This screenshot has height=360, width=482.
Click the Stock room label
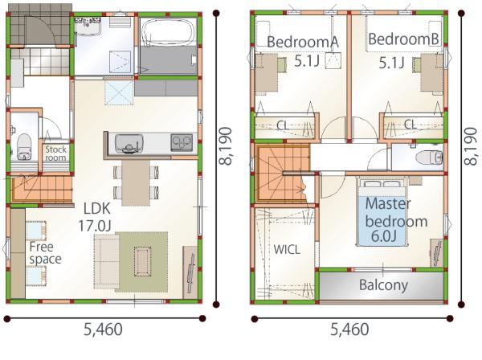[55, 153]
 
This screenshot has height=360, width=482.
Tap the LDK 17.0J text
[95, 217]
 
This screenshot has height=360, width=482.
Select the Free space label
[45, 253]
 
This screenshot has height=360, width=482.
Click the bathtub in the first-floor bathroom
[168, 32]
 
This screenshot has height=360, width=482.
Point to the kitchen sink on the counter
[129, 143]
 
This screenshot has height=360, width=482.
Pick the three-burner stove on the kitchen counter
[182, 143]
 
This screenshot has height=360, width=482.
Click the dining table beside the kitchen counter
[136, 182]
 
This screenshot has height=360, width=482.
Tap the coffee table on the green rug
[142, 262]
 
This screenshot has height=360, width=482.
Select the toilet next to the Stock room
[24, 147]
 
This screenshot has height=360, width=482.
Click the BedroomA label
[303, 42]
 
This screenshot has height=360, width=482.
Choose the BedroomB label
[403, 39]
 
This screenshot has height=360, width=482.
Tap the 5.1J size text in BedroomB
[391, 63]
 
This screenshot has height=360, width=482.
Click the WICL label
[287, 250]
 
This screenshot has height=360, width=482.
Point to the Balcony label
[383, 285]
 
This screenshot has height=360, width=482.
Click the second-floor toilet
[429, 157]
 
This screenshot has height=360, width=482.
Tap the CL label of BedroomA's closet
[282, 125]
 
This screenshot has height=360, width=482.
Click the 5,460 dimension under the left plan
[103, 329]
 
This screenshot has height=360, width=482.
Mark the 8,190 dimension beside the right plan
[470, 146]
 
